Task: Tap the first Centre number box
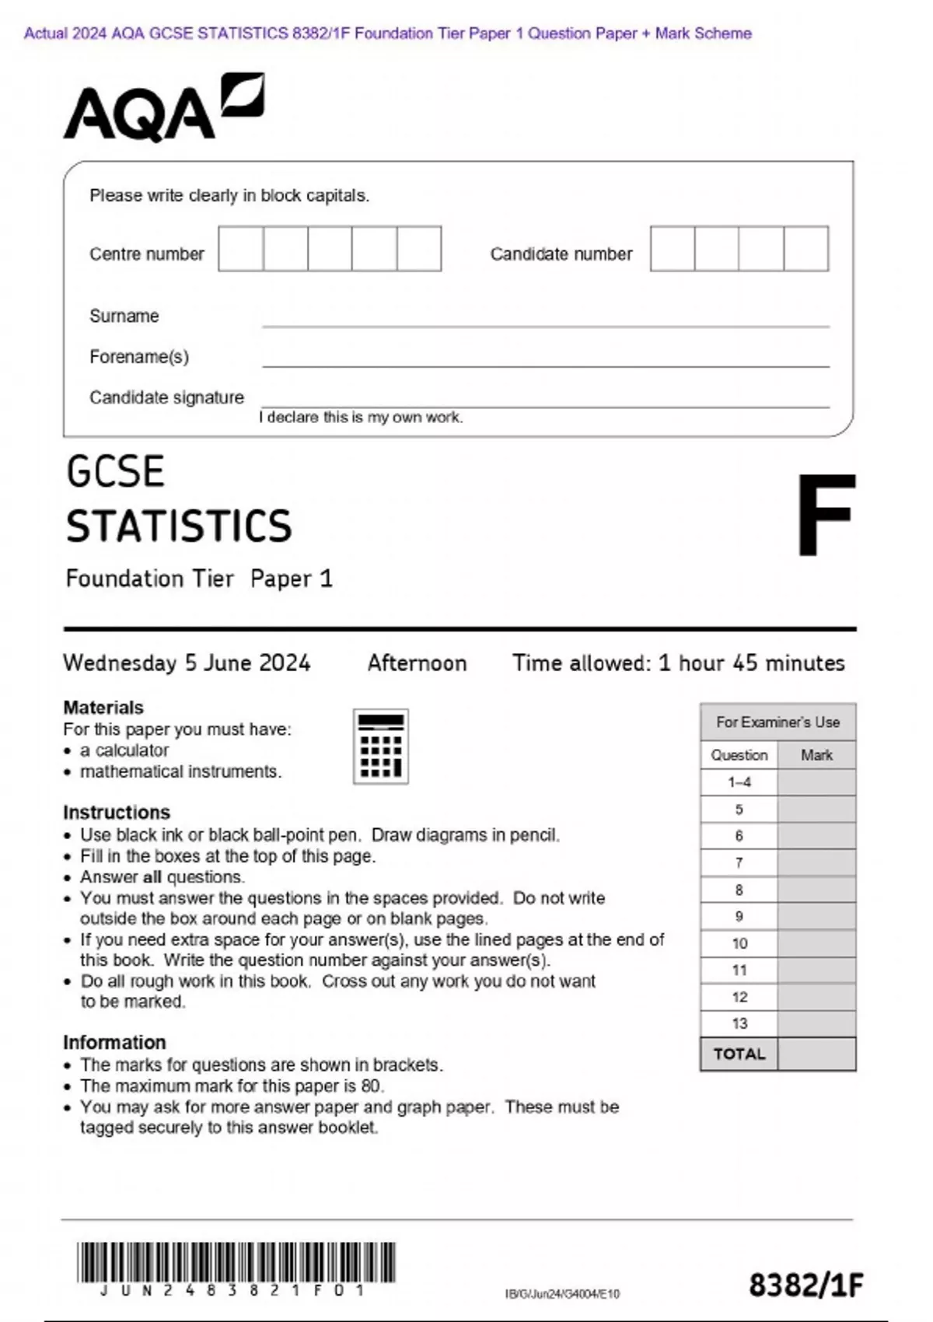click(x=240, y=249)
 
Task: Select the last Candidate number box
click(x=806, y=249)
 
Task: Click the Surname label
click(x=124, y=316)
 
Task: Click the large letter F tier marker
click(x=825, y=516)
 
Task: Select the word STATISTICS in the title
click(x=179, y=526)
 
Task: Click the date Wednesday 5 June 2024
click(x=187, y=663)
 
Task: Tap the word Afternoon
click(x=417, y=663)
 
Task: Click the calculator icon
click(x=381, y=746)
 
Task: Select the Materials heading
click(x=103, y=708)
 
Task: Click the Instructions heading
click(x=117, y=812)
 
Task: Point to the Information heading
click(x=114, y=1042)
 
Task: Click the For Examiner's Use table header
click(x=777, y=722)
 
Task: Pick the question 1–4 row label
click(x=739, y=782)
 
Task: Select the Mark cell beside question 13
click(x=816, y=1023)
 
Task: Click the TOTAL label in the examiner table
click(x=739, y=1054)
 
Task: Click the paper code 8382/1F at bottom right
click(x=805, y=1285)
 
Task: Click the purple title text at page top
click(x=387, y=33)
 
